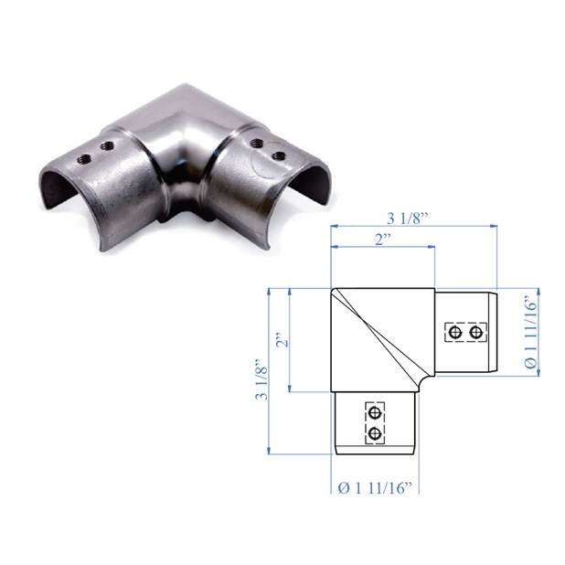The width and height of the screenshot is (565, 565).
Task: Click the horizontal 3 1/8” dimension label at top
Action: pyautogui.click(x=407, y=219)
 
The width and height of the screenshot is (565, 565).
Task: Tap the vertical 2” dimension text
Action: pyautogui.click(x=283, y=339)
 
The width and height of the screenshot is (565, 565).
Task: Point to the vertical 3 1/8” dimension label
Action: pyautogui.click(x=262, y=379)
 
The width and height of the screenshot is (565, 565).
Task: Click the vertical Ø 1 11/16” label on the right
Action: pyautogui.click(x=531, y=332)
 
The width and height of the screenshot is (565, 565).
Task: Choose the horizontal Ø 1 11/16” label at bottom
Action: pyautogui.click(x=375, y=488)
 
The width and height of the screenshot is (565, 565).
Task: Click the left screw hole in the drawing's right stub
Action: pyautogui.click(x=456, y=332)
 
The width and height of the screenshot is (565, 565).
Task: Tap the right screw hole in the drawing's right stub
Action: pyautogui.click(x=476, y=332)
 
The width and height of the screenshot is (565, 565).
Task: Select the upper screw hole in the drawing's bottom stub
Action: pyautogui.click(x=375, y=412)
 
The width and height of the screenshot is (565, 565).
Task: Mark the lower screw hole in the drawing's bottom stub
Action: pyautogui.click(x=375, y=432)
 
